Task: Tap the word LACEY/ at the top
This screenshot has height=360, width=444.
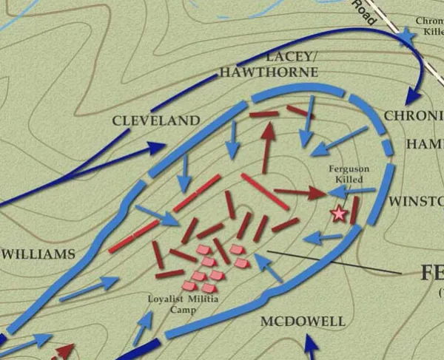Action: pyautogui.click(x=282, y=57)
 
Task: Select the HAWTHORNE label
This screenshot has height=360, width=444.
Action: pyautogui.click(x=267, y=72)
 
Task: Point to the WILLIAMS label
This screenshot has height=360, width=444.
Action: pyautogui.click(x=38, y=254)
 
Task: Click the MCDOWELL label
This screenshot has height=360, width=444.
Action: pyautogui.click(x=303, y=322)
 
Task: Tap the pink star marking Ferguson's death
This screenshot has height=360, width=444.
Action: pyautogui.click(x=339, y=214)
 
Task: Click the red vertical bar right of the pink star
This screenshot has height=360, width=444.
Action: pyautogui.click(x=355, y=210)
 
